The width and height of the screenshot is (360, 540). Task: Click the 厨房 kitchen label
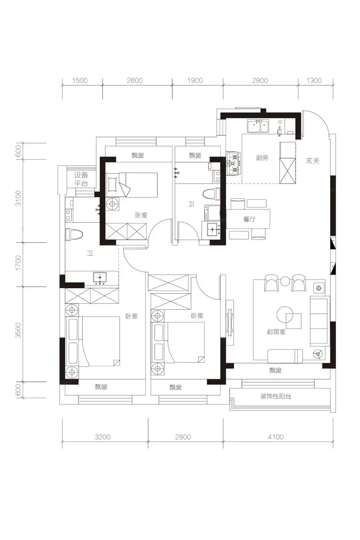pos(262,158)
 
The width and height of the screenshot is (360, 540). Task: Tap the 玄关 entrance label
pos(313,160)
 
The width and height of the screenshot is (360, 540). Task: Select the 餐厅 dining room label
pos(249,219)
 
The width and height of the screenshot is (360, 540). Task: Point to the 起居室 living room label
pos(276,332)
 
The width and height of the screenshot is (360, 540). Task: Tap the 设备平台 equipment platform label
pos(81,179)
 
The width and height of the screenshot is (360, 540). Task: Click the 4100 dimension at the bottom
pos(275,437)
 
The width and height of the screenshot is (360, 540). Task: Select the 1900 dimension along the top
pos(195,80)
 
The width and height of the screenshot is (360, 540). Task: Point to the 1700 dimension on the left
pos(18,263)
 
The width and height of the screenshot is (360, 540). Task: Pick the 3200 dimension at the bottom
pos(103,437)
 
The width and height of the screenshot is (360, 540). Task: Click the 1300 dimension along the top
pos(314,80)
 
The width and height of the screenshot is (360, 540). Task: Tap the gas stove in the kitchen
pos(233,163)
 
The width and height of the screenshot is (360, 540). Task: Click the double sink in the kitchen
pos(258,127)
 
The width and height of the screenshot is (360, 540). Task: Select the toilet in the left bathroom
pos(74,235)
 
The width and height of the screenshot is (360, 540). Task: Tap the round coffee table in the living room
pos(285,315)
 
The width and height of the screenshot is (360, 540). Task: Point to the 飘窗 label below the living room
pos(275,370)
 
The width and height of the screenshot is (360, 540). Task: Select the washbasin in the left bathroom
pos(100,278)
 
